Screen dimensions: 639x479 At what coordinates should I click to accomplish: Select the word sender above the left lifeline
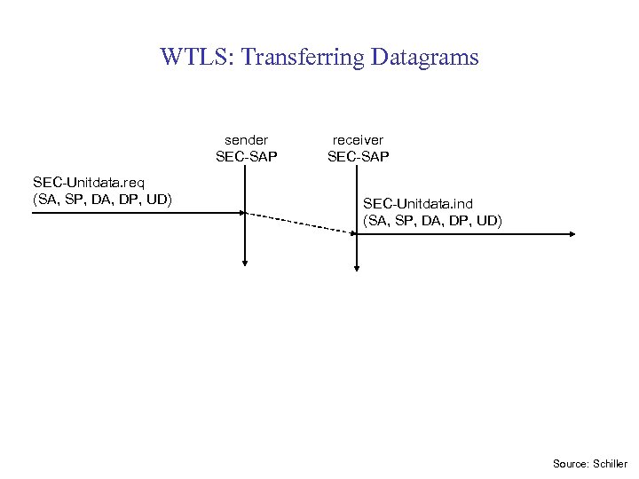pos(246,139)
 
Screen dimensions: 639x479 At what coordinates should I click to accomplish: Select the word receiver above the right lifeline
pos(358,139)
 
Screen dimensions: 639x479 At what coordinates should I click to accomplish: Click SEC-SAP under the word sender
pos(246,157)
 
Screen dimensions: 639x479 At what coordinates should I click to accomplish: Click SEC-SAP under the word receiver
pos(358,157)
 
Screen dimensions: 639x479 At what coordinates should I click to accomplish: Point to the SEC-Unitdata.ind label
pos(417,204)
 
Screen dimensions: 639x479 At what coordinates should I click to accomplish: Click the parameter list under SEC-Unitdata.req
pos(101,199)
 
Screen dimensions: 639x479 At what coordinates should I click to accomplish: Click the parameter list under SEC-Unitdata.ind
pos(432,221)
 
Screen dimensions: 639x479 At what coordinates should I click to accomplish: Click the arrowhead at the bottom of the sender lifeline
pos(245,262)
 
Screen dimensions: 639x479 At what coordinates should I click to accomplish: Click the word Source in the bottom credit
pos(568,464)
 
